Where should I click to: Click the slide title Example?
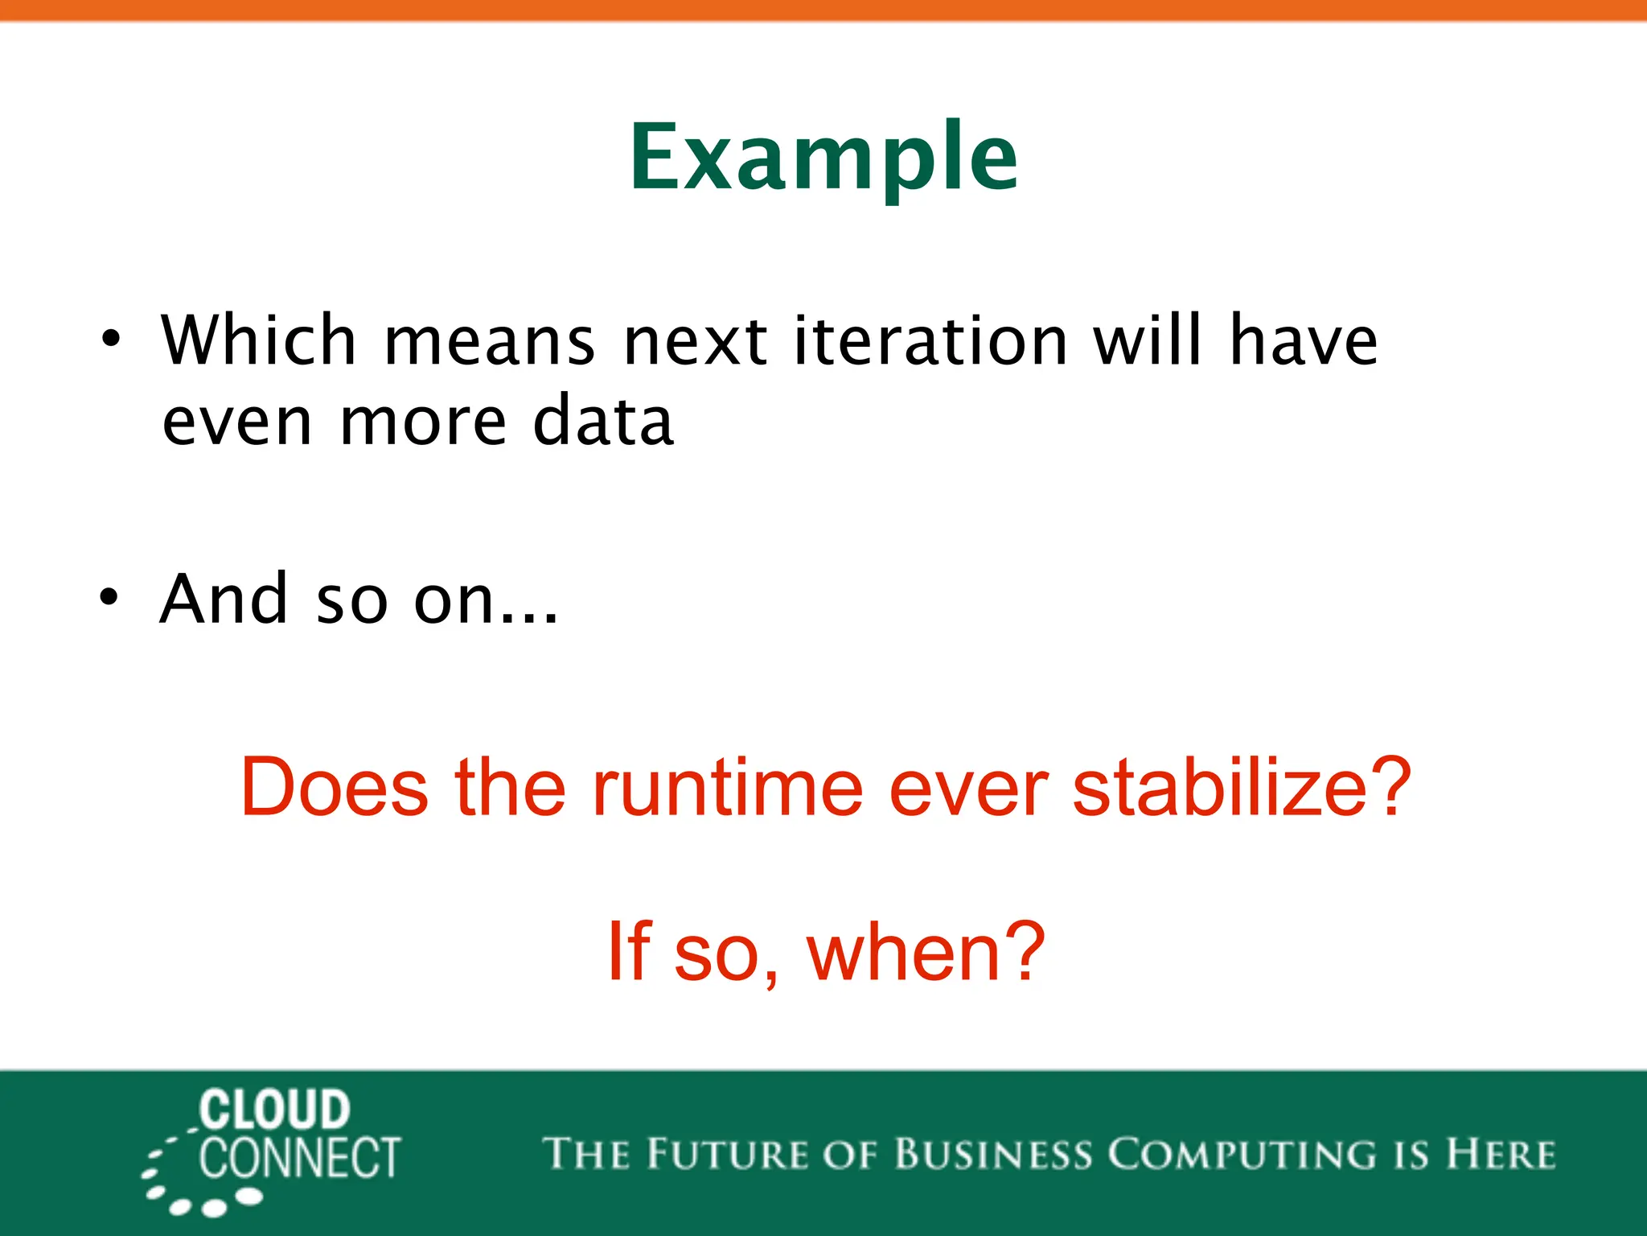(x=823, y=158)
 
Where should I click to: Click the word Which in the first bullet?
(x=258, y=340)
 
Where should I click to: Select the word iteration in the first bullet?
(x=930, y=340)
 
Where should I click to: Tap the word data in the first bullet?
(x=602, y=422)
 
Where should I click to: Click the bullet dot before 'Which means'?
(x=111, y=338)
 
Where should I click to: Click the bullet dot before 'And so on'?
(x=109, y=597)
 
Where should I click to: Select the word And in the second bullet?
(x=224, y=599)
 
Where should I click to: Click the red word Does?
(x=334, y=787)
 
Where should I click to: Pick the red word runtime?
(x=728, y=787)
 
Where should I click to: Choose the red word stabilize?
(x=1214, y=787)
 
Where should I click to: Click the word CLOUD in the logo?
(x=274, y=1110)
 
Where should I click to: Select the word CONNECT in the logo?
(x=300, y=1158)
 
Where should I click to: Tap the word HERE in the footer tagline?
(x=1500, y=1154)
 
